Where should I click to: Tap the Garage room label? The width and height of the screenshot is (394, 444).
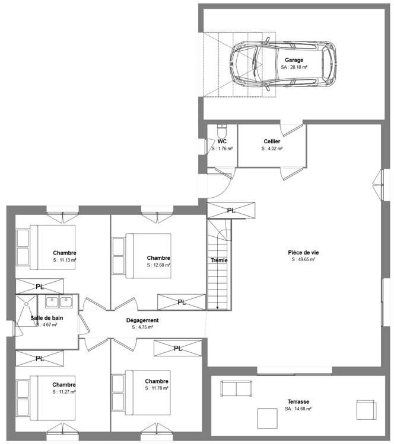click(x=294, y=60)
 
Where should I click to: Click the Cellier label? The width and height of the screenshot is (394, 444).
click(x=272, y=141)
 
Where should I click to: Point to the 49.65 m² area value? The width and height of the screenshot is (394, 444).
click(x=303, y=259)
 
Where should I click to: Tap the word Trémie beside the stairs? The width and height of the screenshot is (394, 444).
click(x=219, y=260)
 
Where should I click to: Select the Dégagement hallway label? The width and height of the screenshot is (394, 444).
click(x=142, y=320)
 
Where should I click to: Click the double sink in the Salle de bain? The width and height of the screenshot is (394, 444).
click(x=59, y=303)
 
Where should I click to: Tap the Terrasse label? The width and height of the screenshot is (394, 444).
click(x=298, y=401)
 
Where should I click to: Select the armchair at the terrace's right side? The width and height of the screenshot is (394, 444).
click(x=366, y=410)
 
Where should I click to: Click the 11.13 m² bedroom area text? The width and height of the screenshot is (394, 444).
click(x=64, y=260)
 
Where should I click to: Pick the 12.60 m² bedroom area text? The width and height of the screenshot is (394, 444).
click(x=158, y=265)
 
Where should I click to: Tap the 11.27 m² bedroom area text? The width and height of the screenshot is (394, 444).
click(x=63, y=391)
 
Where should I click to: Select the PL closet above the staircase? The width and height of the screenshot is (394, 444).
click(x=231, y=210)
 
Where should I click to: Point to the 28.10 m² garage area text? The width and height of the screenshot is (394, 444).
click(x=294, y=67)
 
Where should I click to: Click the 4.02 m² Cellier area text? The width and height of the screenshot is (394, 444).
click(x=272, y=149)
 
